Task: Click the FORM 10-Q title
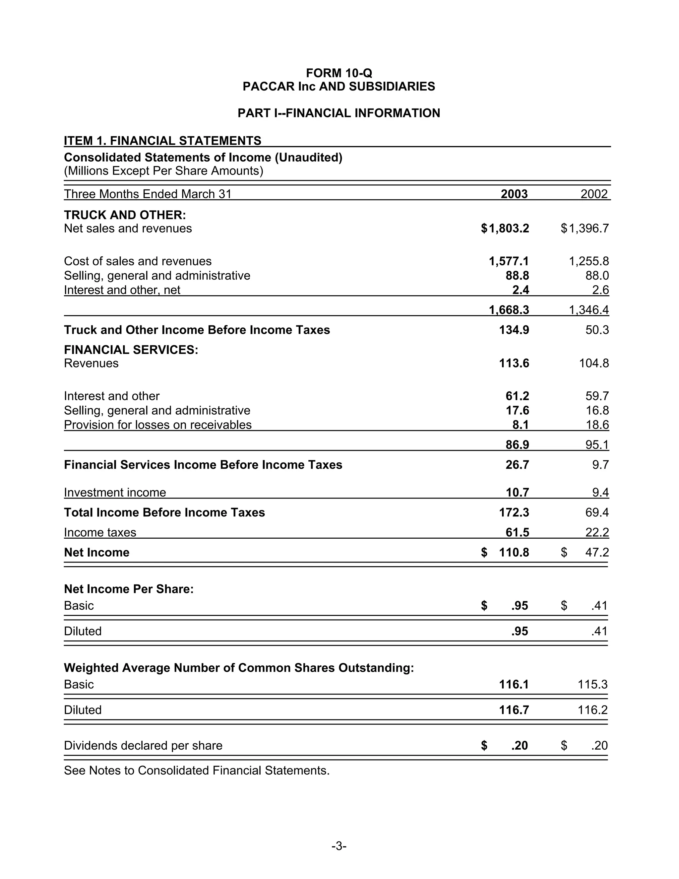point(339,73)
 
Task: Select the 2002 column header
point(594,194)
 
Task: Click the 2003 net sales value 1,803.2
point(509,229)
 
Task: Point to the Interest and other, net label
point(122,290)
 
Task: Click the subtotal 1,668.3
point(509,309)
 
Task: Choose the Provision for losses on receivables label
point(158,425)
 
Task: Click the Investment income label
point(115,492)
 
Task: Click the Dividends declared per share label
point(143,745)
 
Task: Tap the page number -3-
point(339,846)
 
